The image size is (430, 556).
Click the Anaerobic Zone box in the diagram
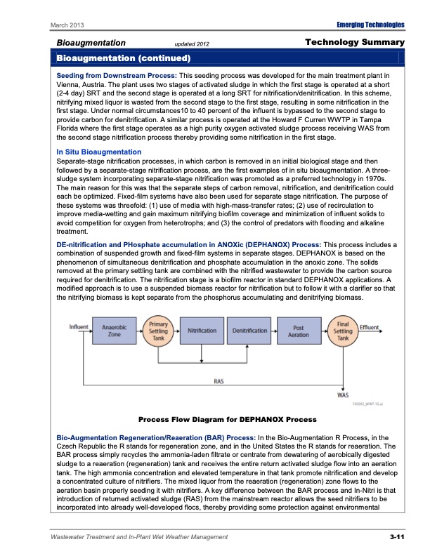115,331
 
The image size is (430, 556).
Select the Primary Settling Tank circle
155,330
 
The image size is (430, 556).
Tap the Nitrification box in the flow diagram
201,331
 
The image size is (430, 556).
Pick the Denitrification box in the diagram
249,331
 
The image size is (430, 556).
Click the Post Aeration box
299,331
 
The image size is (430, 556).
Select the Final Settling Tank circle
344,330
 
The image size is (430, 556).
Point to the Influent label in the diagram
79,326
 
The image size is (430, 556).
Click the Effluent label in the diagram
370,326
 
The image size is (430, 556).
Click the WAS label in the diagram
344,395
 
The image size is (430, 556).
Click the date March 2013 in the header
68,26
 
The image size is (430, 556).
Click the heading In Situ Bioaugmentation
98,152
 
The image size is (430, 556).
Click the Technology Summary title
356,43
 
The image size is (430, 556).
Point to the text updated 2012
192,44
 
